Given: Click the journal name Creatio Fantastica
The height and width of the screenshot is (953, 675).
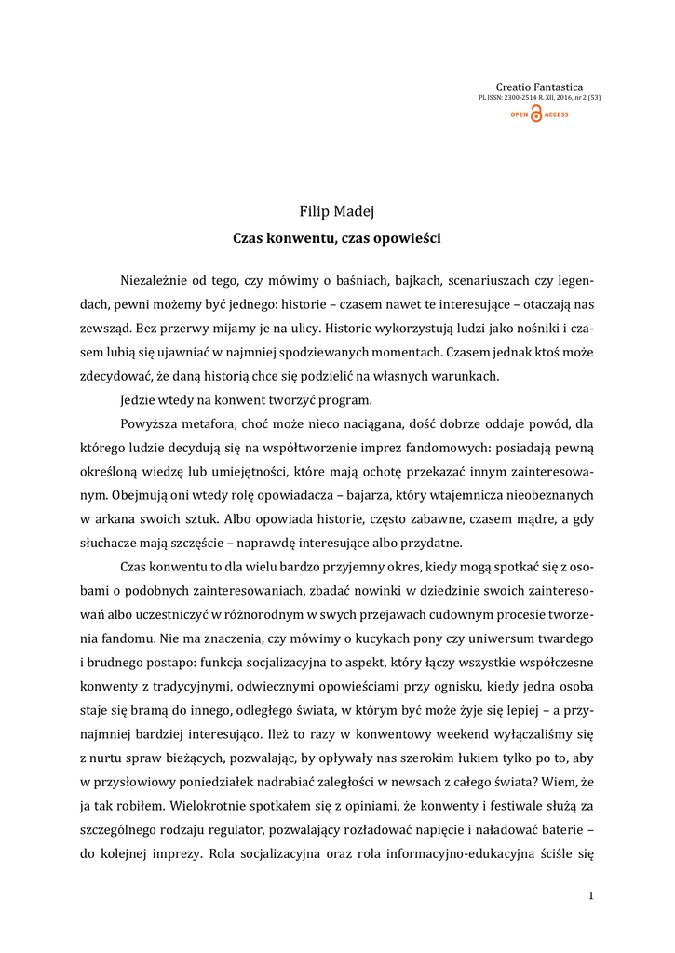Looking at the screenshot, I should click(539, 87).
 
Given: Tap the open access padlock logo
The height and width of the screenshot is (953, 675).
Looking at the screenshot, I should click(538, 114).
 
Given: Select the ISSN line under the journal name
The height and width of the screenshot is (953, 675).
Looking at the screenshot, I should click(538, 98).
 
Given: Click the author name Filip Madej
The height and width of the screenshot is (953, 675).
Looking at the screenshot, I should click(336, 212).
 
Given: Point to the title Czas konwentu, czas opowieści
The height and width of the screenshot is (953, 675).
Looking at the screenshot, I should click(336, 238).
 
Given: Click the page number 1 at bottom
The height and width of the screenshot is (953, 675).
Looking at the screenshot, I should click(590, 895).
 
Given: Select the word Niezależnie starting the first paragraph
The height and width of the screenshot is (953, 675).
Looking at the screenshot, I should click(157, 279).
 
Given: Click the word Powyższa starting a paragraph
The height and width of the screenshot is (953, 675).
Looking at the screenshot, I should click(149, 424).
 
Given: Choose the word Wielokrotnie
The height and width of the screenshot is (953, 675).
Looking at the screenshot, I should click(199, 808).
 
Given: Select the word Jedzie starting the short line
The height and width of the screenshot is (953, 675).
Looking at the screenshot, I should click(139, 400).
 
